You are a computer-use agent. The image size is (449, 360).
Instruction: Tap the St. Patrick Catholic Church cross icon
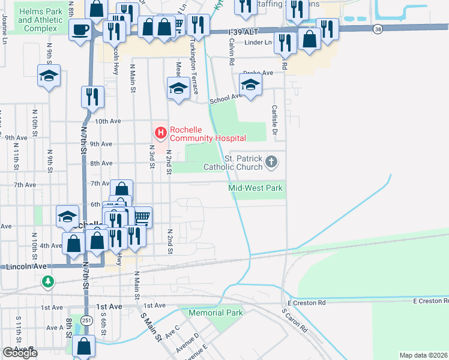[x=271, y=161]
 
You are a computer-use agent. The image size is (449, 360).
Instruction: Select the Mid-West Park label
[x=256, y=188]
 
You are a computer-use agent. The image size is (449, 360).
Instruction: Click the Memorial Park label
[x=215, y=313]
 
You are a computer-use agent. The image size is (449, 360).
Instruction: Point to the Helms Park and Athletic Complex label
[x=41, y=20]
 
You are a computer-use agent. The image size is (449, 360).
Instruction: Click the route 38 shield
[x=377, y=29]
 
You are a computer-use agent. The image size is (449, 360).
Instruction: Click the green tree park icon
[x=47, y=281]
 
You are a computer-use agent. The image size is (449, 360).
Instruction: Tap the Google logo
[x=20, y=353]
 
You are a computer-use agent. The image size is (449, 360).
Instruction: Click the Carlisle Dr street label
[x=274, y=119]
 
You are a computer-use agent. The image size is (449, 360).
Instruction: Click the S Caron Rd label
[x=294, y=321]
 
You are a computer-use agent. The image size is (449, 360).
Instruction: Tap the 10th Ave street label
[x=108, y=121]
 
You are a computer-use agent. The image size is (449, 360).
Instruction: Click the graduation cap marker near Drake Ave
[x=251, y=83]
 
